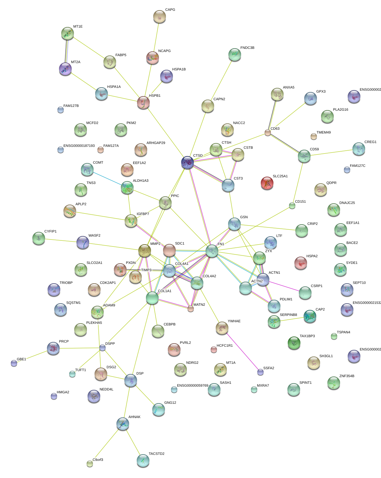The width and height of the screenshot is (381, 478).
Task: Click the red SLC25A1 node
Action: pyautogui.click(x=267, y=183)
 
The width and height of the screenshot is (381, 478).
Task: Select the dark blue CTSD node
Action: pyautogui.click(x=187, y=163)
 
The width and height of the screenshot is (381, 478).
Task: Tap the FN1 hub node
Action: pyautogui.click(x=212, y=251)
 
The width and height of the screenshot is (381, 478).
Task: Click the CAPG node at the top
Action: pyautogui.click(x=160, y=16)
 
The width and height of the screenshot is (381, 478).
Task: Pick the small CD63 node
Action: pyautogui.click(x=268, y=133)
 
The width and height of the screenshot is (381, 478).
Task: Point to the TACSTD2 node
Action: pyautogui.click(x=143, y=461)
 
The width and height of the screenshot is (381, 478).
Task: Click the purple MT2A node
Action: pyautogui.click(x=65, y=69)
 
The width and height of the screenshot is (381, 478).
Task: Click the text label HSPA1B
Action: pyautogui.click(x=179, y=69)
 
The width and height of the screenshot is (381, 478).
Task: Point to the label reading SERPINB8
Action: pyautogui.click(x=288, y=315)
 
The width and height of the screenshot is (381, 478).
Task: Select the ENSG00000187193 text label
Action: pyautogui.click(x=79, y=146)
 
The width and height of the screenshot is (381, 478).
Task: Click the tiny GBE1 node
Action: pyautogui.click(x=14, y=363)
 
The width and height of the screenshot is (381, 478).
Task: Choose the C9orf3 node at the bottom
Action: pyautogui.click(x=90, y=463)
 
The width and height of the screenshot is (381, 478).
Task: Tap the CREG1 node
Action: pyautogui.click(x=358, y=149)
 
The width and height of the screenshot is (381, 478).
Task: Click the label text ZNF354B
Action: pyautogui.click(x=347, y=376)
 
